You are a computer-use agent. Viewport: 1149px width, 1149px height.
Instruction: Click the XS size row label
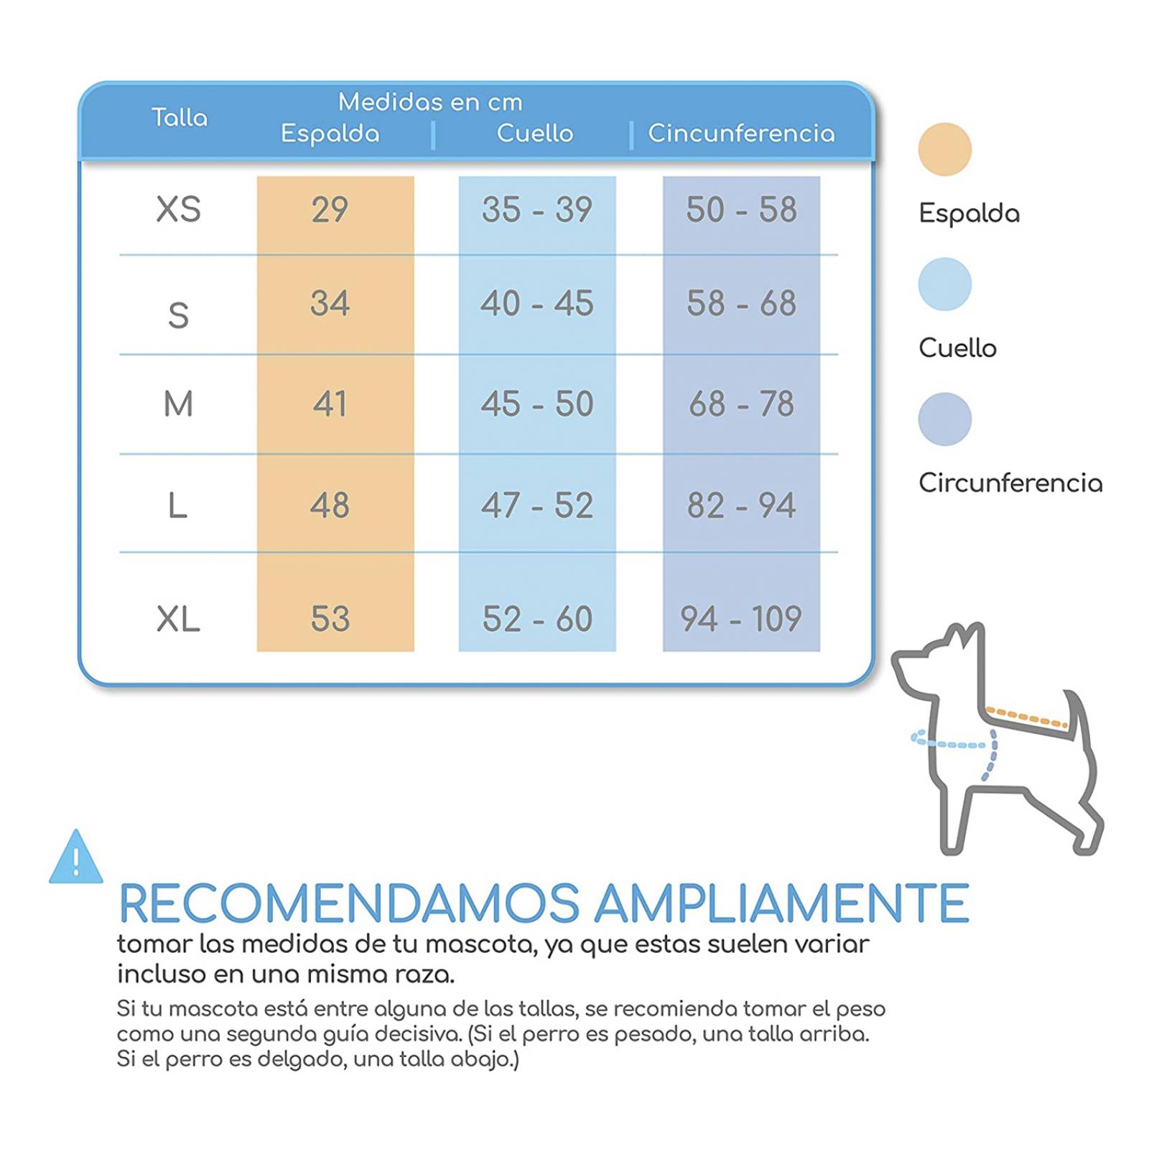tap(178, 210)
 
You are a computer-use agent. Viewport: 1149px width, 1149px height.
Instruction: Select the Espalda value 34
tap(330, 303)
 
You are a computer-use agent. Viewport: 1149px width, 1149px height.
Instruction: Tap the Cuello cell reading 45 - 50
tap(536, 404)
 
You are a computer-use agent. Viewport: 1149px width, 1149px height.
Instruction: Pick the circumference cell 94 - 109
tap(740, 618)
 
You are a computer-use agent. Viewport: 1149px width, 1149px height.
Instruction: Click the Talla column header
tap(180, 117)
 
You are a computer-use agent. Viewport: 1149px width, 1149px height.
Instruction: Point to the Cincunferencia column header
tap(741, 133)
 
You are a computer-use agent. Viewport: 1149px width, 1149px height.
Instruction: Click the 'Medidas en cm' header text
tap(430, 102)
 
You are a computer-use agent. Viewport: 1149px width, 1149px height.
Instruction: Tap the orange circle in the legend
tap(944, 149)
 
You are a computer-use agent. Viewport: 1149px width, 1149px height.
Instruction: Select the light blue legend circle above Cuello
tap(944, 284)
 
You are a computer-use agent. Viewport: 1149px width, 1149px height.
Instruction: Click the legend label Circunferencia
tap(1010, 483)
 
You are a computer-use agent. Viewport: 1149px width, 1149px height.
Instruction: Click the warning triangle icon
tap(76, 857)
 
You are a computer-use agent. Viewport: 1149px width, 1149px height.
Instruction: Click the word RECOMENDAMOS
tap(349, 903)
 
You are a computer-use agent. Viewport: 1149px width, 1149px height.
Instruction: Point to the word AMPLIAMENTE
tap(782, 903)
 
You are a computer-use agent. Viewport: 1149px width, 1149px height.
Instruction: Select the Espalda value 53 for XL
tap(330, 618)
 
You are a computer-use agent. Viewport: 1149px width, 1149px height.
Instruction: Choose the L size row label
tap(177, 506)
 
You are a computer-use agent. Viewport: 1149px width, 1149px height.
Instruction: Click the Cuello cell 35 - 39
tap(536, 210)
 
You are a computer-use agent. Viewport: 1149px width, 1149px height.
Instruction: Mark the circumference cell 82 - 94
tap(740, 506)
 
